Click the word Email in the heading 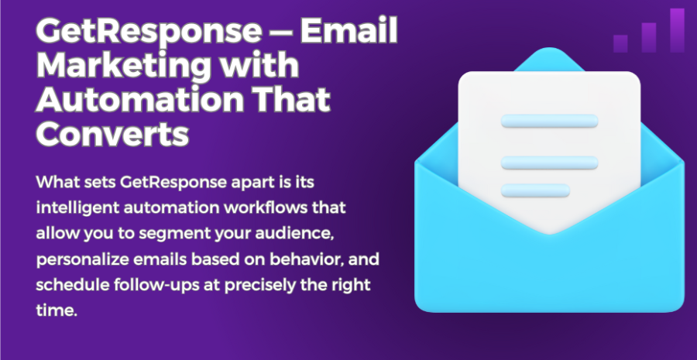pyautogui.click(x=349, y=31)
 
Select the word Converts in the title pyautogui.click(x=112, y=134)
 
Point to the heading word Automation pyautogui.click(x=139, y=100)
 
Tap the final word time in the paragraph pyautogui.click(x=57, y=310)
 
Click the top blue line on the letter pyautogui.click(x=549, y=121)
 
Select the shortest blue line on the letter pyautogui.click(x=535, y=190)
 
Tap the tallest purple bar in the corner pyautogui.click(x=677, y=30)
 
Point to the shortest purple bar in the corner pyautogui.click(x=620, y=43)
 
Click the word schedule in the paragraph pyautogui.click(x=73, y=285)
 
